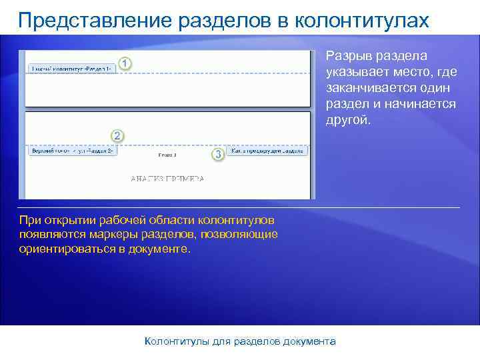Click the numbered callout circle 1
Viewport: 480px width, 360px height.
click(x=125, y=63)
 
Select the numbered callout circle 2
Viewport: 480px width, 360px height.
click(x=117, y=136)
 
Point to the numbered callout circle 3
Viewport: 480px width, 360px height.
click(x=217, y=154)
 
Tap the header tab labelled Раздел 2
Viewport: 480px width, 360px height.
click(x=73, y=151)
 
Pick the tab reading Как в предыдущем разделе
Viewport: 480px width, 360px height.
click(x=269, y=151)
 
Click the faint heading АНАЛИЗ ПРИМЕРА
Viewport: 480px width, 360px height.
click(x=167, y=179)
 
